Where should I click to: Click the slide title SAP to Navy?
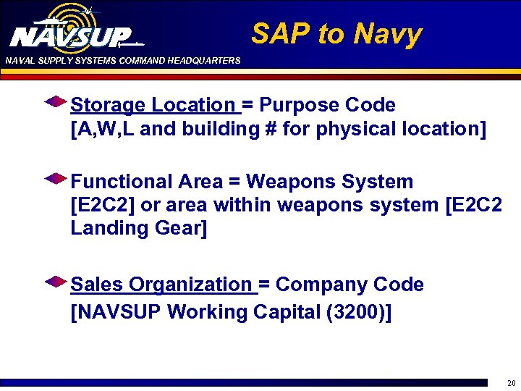coord(336,33)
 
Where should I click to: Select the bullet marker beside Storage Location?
coord(56,102)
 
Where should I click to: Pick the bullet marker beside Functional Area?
coord(56,178)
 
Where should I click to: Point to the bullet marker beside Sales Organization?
coord(56,281)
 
